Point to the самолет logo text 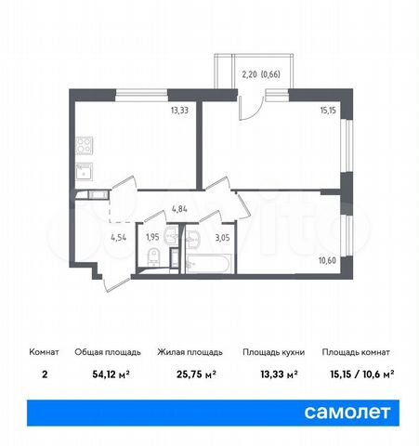(x=355, y=410)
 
